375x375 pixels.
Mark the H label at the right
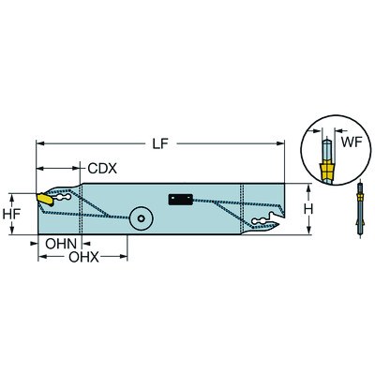coord(320,208)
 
